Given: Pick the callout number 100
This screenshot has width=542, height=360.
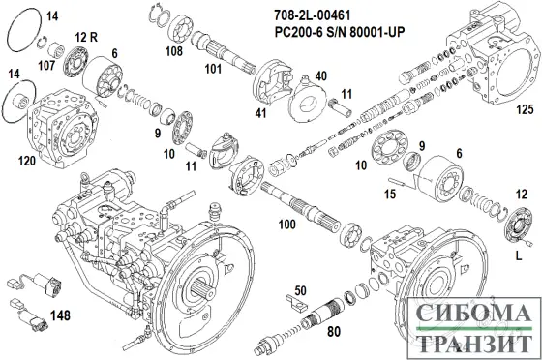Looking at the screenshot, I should click(286, 225).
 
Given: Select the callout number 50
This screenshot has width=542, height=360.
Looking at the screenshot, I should click(300, 289).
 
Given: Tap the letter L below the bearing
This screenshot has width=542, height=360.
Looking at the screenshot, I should click(523, 257).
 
